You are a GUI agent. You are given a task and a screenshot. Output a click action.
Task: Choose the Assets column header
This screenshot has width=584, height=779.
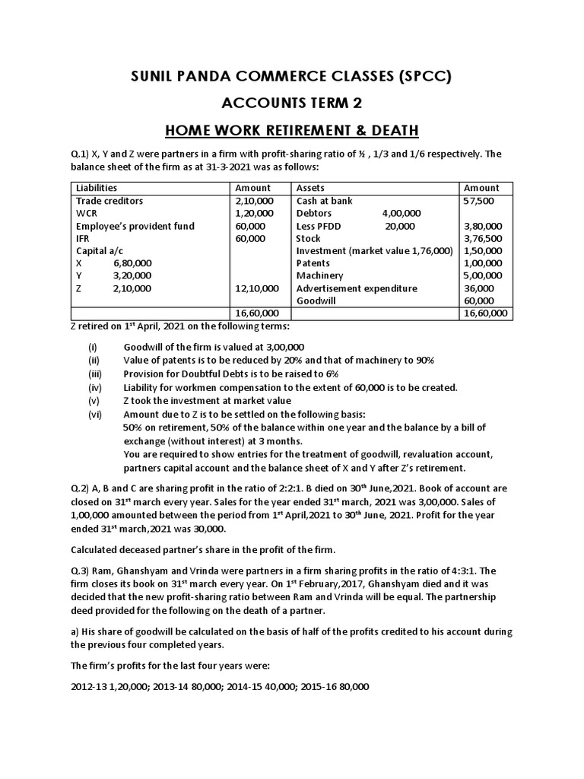tap(311, 188)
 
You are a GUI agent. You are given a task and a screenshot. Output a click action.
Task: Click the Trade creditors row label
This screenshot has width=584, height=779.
tap(109, 201)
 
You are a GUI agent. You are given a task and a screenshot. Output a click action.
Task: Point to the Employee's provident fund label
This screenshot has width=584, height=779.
tap(135, 226)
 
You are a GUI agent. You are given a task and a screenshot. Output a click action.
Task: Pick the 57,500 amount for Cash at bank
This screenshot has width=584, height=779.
tap(479, 201)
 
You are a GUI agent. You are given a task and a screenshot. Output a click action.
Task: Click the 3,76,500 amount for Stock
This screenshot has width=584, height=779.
tap(483, 238)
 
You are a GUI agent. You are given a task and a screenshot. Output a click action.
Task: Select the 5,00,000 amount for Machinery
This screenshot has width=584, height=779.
tap(483, 275)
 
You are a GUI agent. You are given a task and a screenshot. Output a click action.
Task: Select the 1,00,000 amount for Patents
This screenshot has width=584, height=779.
tap(483, 263)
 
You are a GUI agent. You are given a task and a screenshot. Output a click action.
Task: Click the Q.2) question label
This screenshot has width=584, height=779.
tap(81, 488)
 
